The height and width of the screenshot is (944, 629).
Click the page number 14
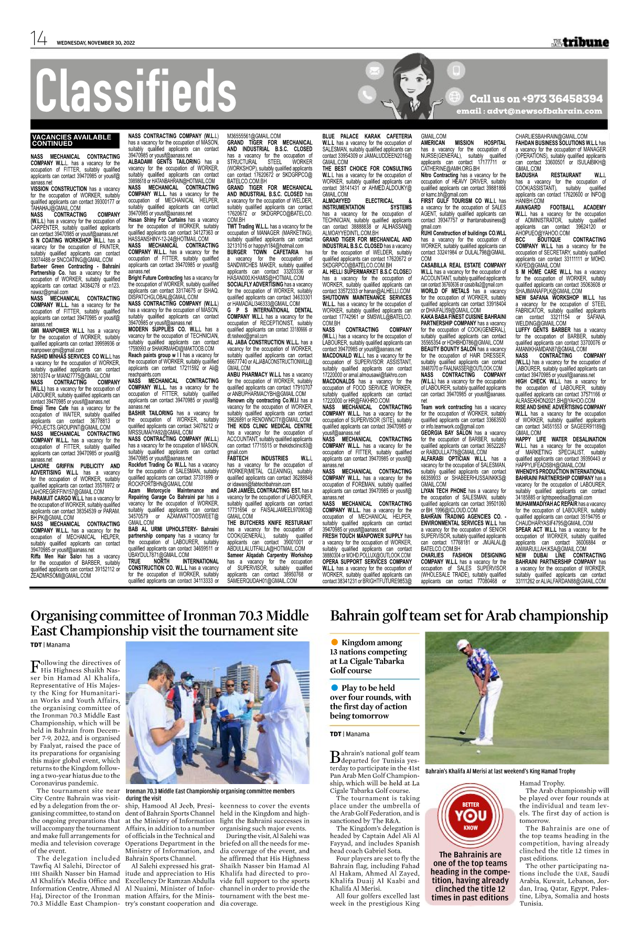[x=39, y=39]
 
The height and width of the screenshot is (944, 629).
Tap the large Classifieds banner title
[x=135, y=92]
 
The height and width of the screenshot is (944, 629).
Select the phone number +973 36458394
[x=536, y=99]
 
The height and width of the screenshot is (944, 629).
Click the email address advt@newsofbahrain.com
[x=529, y=111]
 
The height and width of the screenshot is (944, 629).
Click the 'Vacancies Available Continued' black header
[x=71, y=140]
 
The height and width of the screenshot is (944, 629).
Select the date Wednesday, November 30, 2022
[x=96, y=43]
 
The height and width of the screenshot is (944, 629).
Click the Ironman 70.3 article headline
[x=169, y=623]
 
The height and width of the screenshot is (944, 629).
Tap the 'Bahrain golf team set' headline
[x=469, y=615]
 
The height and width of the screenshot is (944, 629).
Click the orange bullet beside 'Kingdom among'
[x=334, y=642]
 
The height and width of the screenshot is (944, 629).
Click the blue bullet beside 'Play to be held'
[x=334, y=688]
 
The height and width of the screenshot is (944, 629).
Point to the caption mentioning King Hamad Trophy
[x=500, y=771]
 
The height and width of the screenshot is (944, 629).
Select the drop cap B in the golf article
[x=335, y=757]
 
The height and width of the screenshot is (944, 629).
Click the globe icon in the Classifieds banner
[x=455, y=96]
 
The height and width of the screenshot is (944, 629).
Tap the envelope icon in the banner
[x=375, y=70]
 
